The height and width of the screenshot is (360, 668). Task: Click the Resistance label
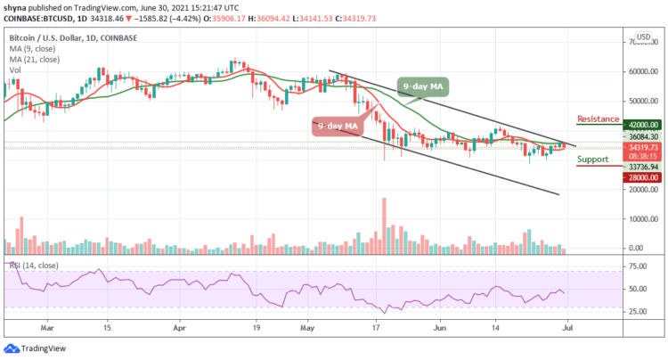tap(599, 118)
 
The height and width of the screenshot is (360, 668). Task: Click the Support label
tap(594, 160)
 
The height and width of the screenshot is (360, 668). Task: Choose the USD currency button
tap(640, 39)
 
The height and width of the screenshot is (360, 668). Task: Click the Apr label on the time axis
tap(181, 327)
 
